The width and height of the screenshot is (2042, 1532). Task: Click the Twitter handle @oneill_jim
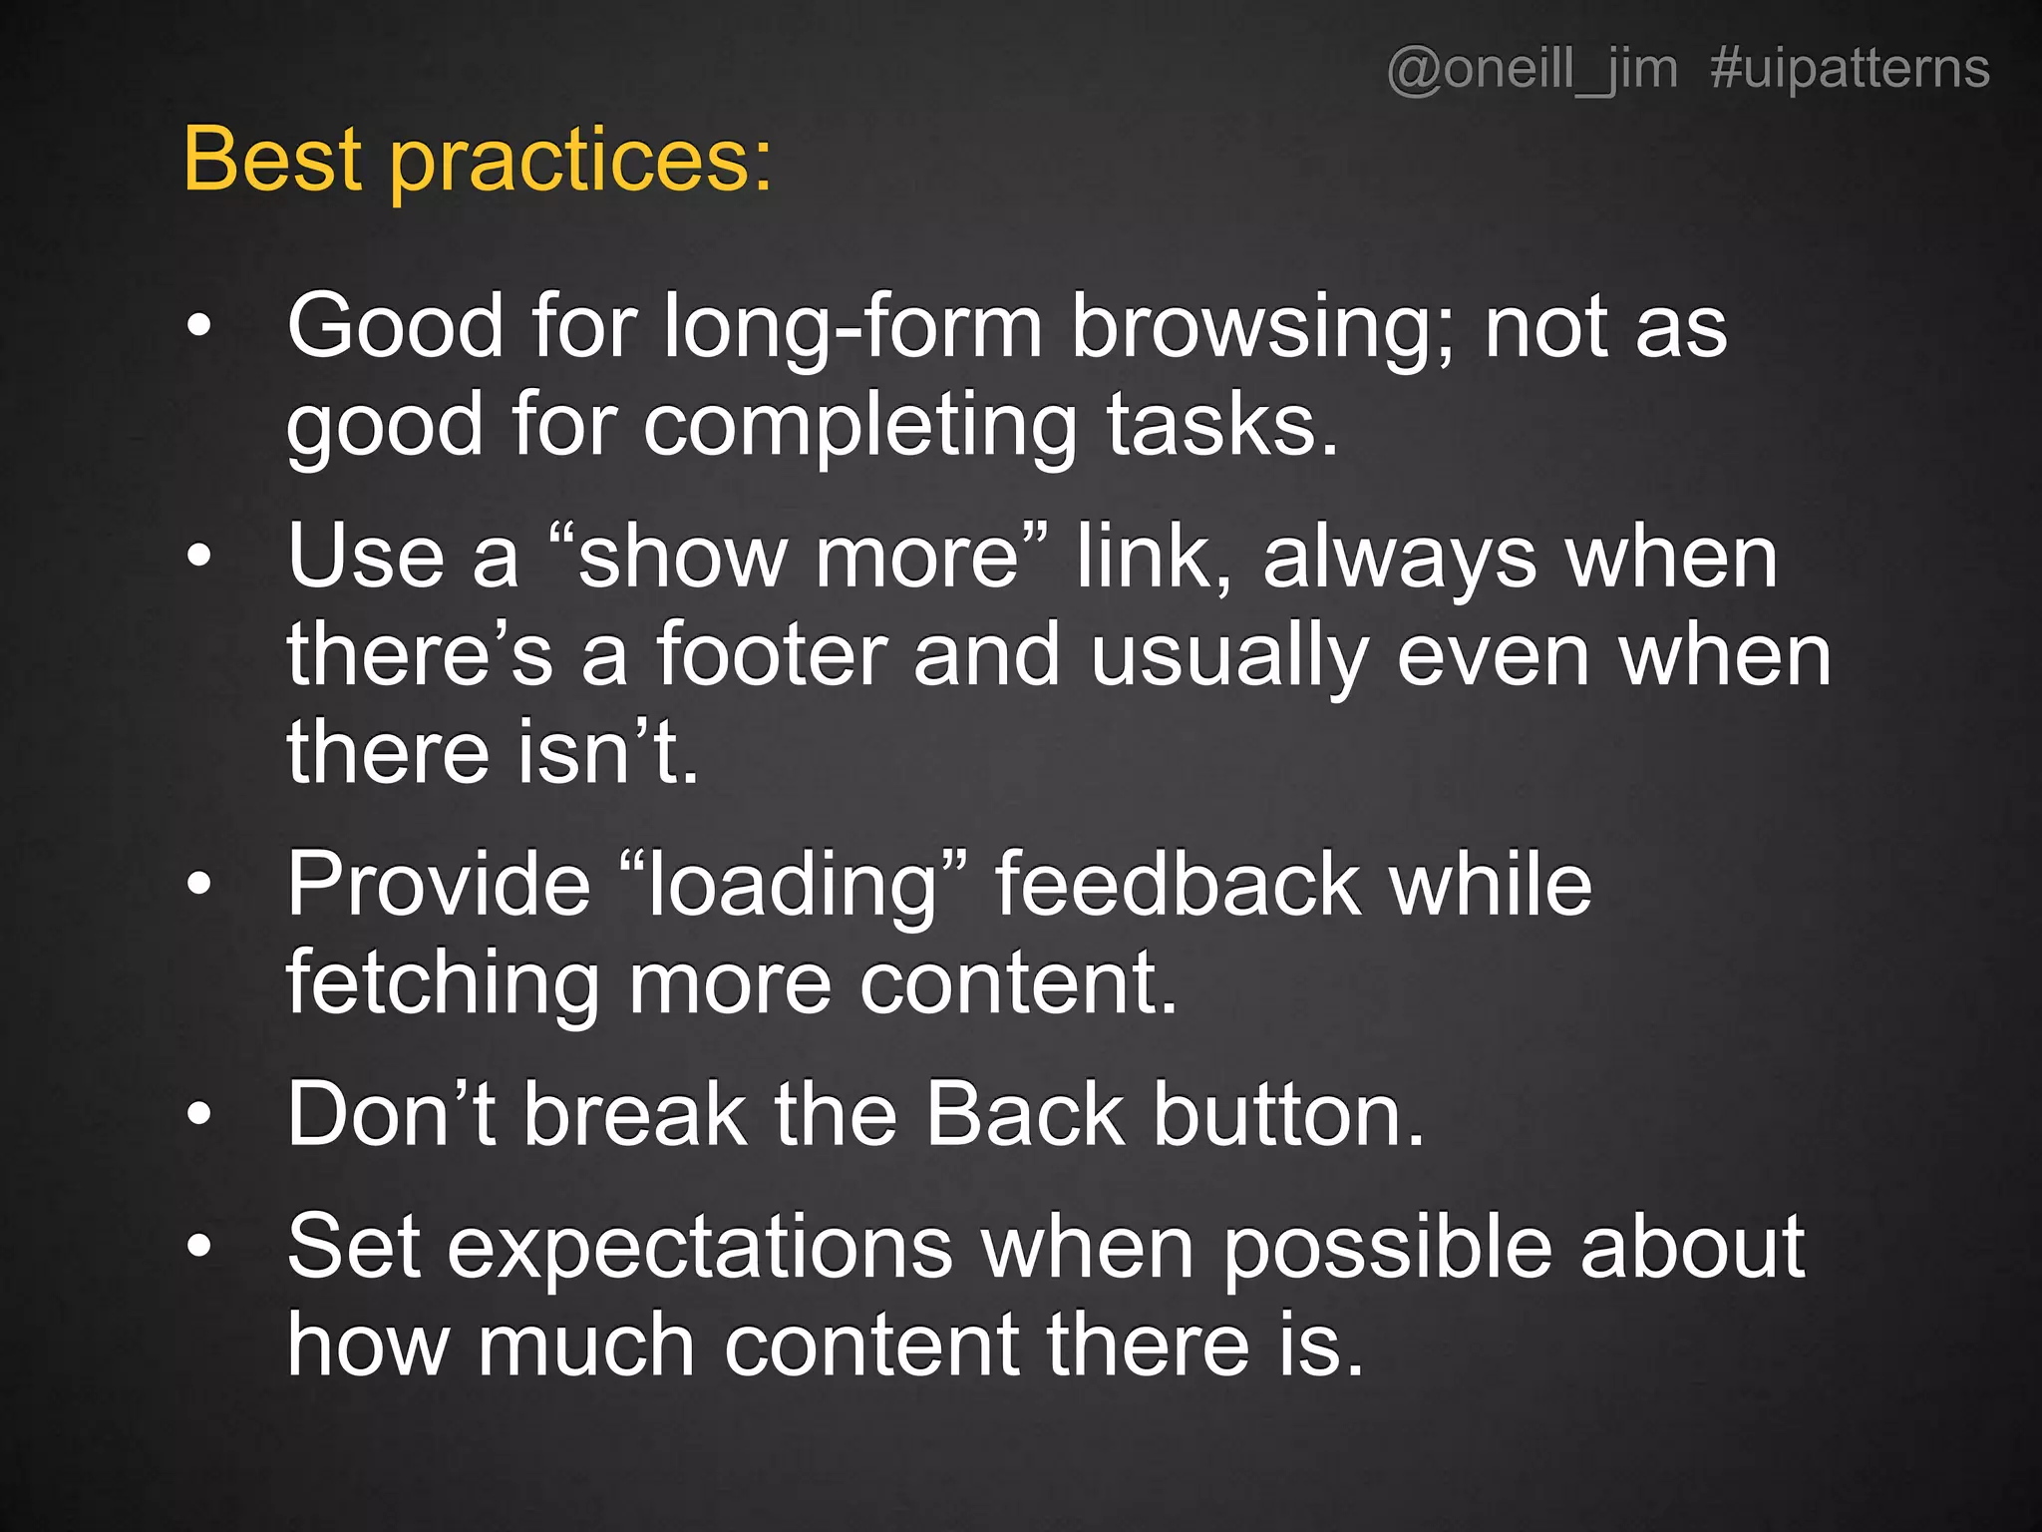click(x=1531, y=70)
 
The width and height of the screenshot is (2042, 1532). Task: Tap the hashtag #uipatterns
click(x=1850, y=70)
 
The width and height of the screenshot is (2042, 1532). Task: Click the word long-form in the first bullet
click(x=852, y=327)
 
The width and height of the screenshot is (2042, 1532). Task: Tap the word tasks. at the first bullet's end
click(x=1222, y=426)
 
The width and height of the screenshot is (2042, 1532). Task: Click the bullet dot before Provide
click(x=199, y=884)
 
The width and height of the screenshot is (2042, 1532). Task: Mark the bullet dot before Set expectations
click(x=199, y=1246)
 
